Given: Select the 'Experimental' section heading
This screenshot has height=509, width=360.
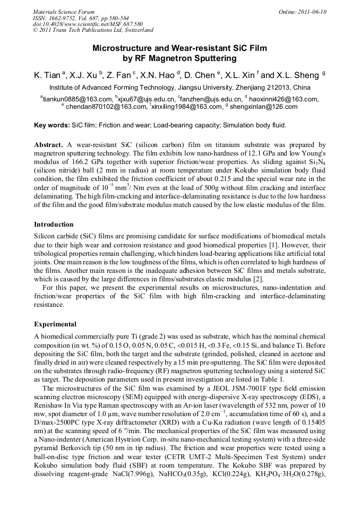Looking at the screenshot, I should [x=55, y=324].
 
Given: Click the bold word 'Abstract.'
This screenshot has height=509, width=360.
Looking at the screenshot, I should [x=49, y=144].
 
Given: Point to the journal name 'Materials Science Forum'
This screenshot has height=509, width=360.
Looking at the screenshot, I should [x=64, y=12].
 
